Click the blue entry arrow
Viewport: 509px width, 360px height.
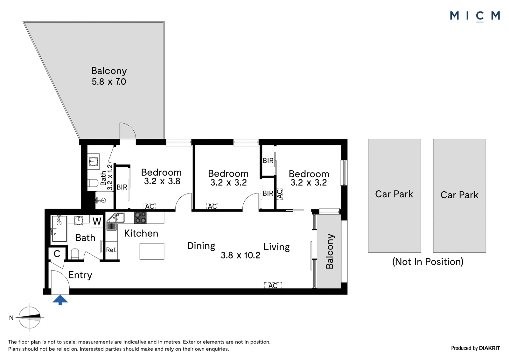[x=60, y=300]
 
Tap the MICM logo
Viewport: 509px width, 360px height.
[x=475, y=16]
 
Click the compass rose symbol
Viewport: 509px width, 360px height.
[x=30, y=317]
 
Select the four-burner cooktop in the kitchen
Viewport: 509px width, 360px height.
[x=140, y=218]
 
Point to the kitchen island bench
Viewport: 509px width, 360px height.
[x=152, y=251]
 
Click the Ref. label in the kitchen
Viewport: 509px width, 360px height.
[x=111, y=250]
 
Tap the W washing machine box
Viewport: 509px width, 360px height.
[x=97, y=221]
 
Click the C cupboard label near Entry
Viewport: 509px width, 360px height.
[x=57, y=254]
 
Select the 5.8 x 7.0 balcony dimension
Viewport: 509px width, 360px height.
[x=109, y=81]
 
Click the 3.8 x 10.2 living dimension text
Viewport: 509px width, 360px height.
[x=241, y=255]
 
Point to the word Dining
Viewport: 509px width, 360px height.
[x=201, y=246]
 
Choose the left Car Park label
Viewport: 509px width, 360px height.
[x=394, y=194]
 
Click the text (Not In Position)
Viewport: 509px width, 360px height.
[x=428, y=262]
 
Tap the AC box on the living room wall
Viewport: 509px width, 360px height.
[x=273, y=286]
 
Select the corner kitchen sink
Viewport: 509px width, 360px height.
[x=116, y=221]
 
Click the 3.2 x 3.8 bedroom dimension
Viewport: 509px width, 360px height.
[x=162, y=181]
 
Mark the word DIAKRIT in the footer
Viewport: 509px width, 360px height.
[x=490, y=348]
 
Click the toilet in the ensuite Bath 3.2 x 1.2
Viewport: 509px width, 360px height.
[x=93, y=183]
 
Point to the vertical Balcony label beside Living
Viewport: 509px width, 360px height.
[x=330, y=251]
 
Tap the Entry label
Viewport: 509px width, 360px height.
[x=80, y=275]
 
